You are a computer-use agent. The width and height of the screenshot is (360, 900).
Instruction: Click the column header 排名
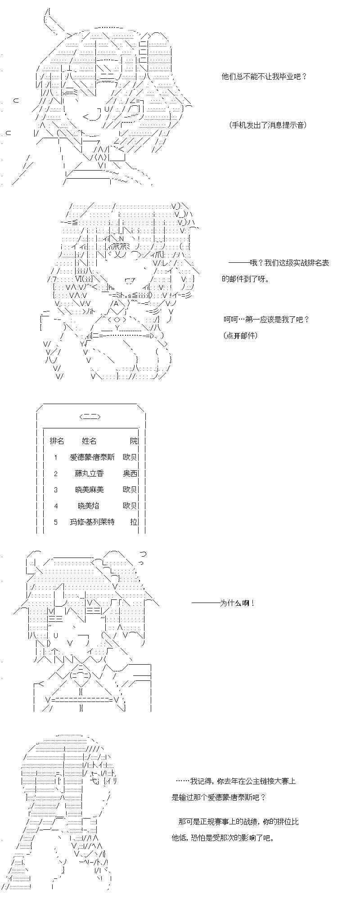[x=57, y=441]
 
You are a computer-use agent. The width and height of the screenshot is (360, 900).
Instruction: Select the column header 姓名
[x=89, y=441]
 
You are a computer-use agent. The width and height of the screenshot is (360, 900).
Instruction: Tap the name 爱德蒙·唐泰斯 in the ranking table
[x=92, y=457]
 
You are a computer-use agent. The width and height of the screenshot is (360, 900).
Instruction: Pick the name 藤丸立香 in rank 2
[x=89, y=473]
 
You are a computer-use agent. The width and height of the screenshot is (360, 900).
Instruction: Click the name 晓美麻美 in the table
[x=90, y=490]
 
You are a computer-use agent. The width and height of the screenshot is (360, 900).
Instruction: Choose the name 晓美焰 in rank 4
[x=88, y=506]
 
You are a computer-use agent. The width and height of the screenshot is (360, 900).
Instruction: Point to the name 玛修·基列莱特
[x=92, y=522]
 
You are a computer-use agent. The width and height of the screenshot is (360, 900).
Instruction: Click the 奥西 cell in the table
[x=130, y=473]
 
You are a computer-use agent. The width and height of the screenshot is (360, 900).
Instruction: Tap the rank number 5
[x=56, y=522]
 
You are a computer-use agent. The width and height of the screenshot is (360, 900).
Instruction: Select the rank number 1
[x=56, y=458]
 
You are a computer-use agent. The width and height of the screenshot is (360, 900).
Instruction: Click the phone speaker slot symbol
[x=90, y=417]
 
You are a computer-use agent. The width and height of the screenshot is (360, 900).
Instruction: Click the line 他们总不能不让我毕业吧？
[x=265, y=76]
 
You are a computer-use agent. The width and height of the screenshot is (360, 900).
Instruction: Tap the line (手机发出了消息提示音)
[x=268, y=125]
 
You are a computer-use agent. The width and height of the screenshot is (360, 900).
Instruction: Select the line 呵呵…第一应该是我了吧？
[x=266, y=319]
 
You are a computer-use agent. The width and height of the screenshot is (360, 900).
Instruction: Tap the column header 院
[x=134, y=441]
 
